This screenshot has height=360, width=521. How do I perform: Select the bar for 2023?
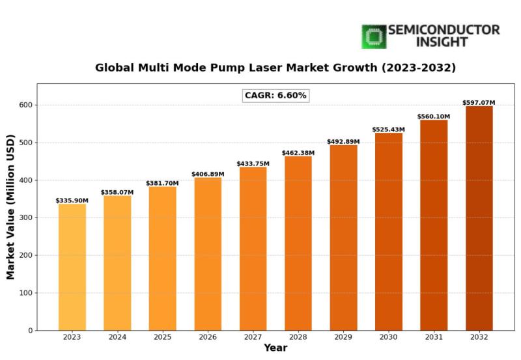[72, 267]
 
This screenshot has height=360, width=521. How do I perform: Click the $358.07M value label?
[117, 192]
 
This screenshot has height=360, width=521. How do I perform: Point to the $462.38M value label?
[298, 153]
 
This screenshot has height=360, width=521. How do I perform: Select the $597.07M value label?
[479, 102]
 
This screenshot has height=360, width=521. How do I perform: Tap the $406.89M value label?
[208, 174]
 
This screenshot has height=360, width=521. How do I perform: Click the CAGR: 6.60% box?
[275, 96]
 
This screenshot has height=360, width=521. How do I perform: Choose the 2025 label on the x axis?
[162, 337]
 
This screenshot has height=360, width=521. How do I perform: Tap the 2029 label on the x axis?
[343, 337]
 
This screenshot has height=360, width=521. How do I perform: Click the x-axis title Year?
[275, 349]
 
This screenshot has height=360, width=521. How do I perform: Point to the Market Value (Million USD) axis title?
[11, 206]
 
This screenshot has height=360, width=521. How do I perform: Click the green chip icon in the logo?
[374, 36]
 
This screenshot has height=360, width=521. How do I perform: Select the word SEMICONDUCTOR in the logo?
[444, 30]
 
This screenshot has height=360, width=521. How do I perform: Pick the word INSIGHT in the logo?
[428, 42]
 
